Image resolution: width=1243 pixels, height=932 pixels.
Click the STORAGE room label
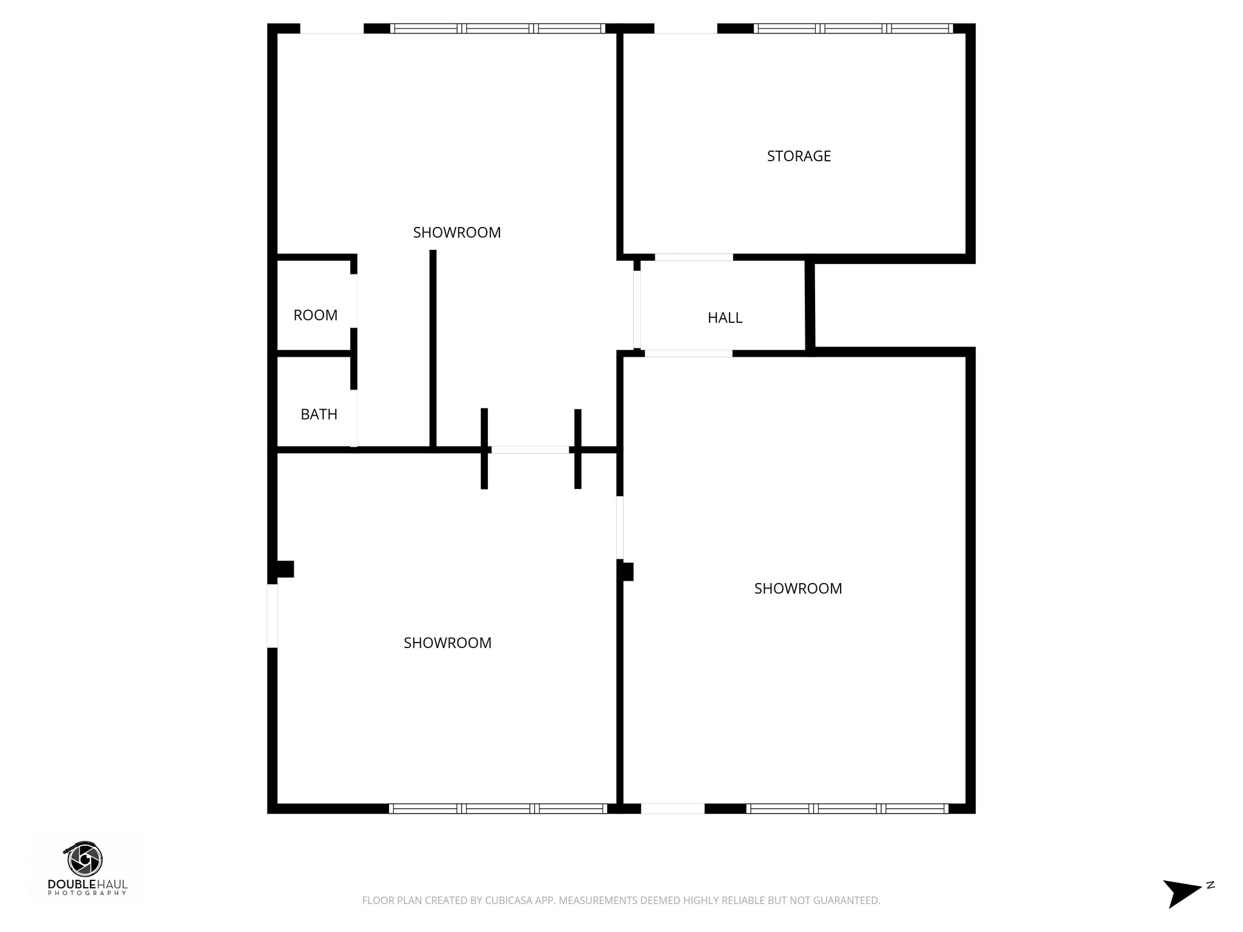coord(799,156)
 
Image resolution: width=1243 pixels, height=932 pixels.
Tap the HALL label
coord(725,317)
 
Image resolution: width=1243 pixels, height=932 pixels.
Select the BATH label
coord(319,414)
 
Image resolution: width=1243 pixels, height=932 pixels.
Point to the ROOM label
coord(315,315)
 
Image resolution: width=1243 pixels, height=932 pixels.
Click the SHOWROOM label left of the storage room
coord(456,232)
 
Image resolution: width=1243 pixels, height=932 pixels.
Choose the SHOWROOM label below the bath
coord(447,643)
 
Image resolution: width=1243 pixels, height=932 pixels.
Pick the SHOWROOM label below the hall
coord(798,588)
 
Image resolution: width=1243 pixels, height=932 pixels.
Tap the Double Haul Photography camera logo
coord(85,859)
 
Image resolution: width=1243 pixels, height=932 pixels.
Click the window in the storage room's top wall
coord(853,29)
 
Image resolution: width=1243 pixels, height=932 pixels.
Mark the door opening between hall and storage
coord(694,257)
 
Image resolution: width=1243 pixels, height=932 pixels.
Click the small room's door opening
coord(354,301)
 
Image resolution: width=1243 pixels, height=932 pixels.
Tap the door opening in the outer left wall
coord(273,615)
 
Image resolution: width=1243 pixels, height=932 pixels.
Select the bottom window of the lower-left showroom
coord(498,808)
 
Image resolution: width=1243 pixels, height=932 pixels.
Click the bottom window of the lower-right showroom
coord(847,808)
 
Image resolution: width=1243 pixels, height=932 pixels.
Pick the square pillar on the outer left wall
coord(285,569)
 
